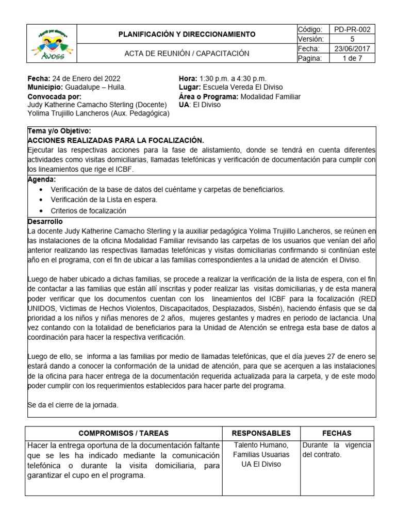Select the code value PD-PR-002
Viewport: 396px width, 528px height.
(x=352, y=29)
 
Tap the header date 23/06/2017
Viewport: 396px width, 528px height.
(x=352, y=48)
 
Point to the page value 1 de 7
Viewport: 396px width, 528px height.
(x=352, y=58)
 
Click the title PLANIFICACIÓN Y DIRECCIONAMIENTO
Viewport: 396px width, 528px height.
(x=187, y=35)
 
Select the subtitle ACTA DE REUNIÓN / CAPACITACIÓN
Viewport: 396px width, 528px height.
(x=187, y=53)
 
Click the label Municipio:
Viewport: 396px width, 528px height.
(x=45, y=87)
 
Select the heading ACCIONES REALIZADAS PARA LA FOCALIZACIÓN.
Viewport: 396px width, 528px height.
(x=115, y=140)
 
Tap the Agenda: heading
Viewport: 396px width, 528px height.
(x=42, y=179)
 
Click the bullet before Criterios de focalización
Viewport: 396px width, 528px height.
(x=41, y=211)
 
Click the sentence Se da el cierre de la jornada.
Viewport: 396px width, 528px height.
(x=73, y=405)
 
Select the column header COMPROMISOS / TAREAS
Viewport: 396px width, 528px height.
(x=123, y=433)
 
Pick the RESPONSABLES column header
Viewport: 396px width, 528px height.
(x=261, y=433)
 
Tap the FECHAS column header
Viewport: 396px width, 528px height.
(x=337, y=433)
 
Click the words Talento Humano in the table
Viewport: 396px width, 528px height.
(x=261, y=445)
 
